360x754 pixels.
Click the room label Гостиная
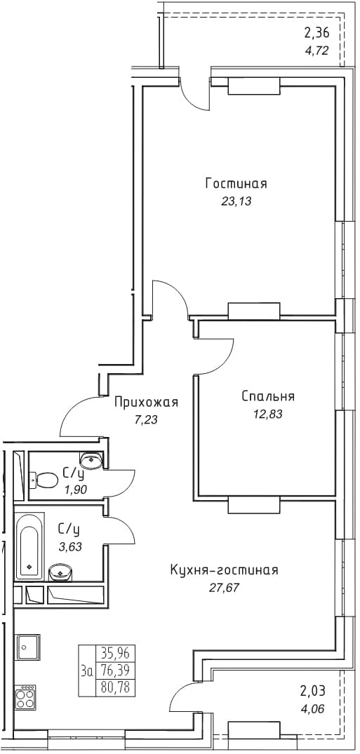pyautogui.click(x=236, y=184)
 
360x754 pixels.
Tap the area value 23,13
pyautogui.click(x=236, y=202)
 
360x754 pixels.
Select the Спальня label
pyautogui.click(x=268, y=397)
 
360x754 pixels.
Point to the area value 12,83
pyautogui.click(x=267, y=415)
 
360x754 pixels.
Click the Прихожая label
pyautogui.click(x=146, y=402)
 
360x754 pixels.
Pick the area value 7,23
pyautogui.click(x=147, y=420)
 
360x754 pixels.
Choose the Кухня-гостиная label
pyautogui.click(x=225, y=570)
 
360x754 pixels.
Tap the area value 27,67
pyautogui.click(x=225, y=588)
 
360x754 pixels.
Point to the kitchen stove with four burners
pyautogui.click(x=25, y=696)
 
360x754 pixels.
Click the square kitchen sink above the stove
pyautogui.click(x=28, y=647)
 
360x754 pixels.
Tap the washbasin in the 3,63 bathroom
pyautogui.click(x=60, y=572)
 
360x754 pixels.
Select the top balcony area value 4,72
pyautogui.click(x=316, y=50)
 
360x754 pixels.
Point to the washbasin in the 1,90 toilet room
pyautogui.click(x=91, y=460)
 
